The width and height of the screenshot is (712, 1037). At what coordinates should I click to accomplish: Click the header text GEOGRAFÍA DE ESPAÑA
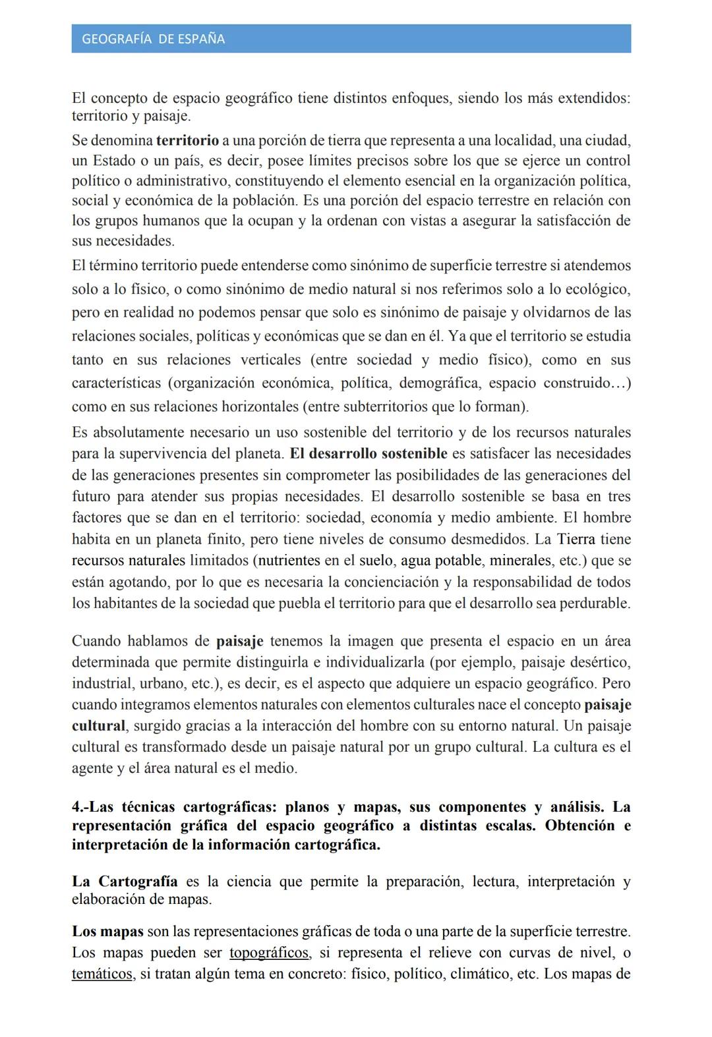(x=153, y=40)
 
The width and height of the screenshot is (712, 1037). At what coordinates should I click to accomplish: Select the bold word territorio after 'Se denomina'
(x=187, y=140)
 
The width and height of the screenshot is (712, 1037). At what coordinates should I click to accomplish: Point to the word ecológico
(x=596, y=289)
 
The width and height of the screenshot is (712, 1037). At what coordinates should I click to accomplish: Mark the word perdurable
(x=595, y=603)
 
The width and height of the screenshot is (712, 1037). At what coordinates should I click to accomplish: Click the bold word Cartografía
(x=138, y=882)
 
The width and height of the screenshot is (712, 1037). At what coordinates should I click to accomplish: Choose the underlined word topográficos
(x=269, y=953)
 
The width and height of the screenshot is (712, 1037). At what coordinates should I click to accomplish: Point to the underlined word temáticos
(x=102, y=974)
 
